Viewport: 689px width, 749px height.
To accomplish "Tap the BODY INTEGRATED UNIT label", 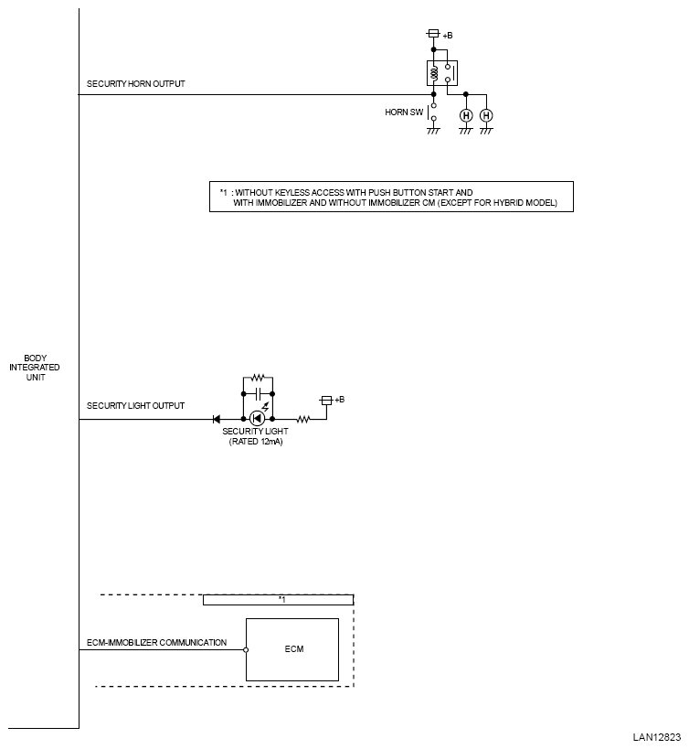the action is click(35, 368).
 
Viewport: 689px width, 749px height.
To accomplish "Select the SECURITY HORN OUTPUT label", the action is click(135, 83).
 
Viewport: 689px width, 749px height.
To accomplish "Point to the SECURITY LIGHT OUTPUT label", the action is click(135, 405).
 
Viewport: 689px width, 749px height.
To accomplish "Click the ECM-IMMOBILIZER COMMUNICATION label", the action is click(156, 643).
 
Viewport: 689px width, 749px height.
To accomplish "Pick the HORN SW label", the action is click(404, 112).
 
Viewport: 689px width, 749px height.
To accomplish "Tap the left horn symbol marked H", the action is click(466, 115).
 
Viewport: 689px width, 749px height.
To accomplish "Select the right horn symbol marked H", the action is click(486, 115).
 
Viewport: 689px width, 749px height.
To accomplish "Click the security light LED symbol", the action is click(257, 419).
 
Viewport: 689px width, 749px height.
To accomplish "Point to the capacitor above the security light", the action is click(258, 394).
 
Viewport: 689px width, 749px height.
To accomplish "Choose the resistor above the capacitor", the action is click(258, 378).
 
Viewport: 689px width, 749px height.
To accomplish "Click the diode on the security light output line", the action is click(217, 420).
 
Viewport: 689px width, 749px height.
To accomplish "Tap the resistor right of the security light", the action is click(303, 420).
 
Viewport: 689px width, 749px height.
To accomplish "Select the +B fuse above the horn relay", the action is click(433, 34).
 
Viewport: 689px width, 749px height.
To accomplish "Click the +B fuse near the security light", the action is click(326, 401).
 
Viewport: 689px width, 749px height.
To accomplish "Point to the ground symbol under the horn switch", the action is click(433, 131).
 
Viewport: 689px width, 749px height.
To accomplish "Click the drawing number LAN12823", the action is click(656, 737).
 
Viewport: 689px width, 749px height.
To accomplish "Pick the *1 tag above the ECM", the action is click(281, 600).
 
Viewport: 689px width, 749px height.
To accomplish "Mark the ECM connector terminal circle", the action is click(246, 649).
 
